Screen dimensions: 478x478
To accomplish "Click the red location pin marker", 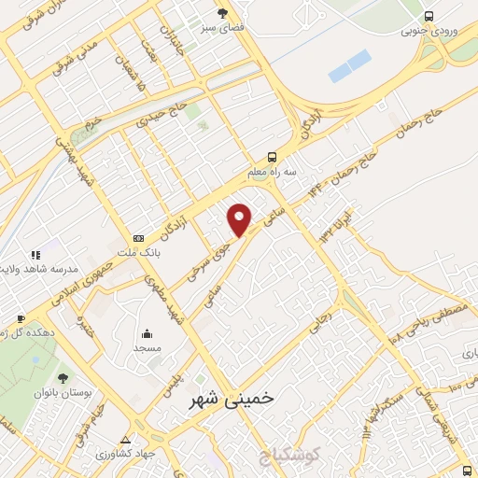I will (x=240, y=219).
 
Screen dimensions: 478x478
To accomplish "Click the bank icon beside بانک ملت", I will (x=139, y=238).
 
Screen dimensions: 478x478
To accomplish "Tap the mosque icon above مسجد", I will (x=147, y=332).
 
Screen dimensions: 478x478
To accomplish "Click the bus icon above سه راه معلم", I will (x=272, y=157).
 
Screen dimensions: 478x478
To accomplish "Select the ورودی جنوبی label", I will (x=429, y=31).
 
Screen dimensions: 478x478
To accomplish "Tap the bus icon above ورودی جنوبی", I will (x=429, y=16).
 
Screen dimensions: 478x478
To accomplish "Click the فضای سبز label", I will (x=222, y=28).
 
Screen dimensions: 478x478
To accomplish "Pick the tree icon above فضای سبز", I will (x=222, y=13).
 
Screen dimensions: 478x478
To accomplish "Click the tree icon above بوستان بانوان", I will (x=63, y=378).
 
